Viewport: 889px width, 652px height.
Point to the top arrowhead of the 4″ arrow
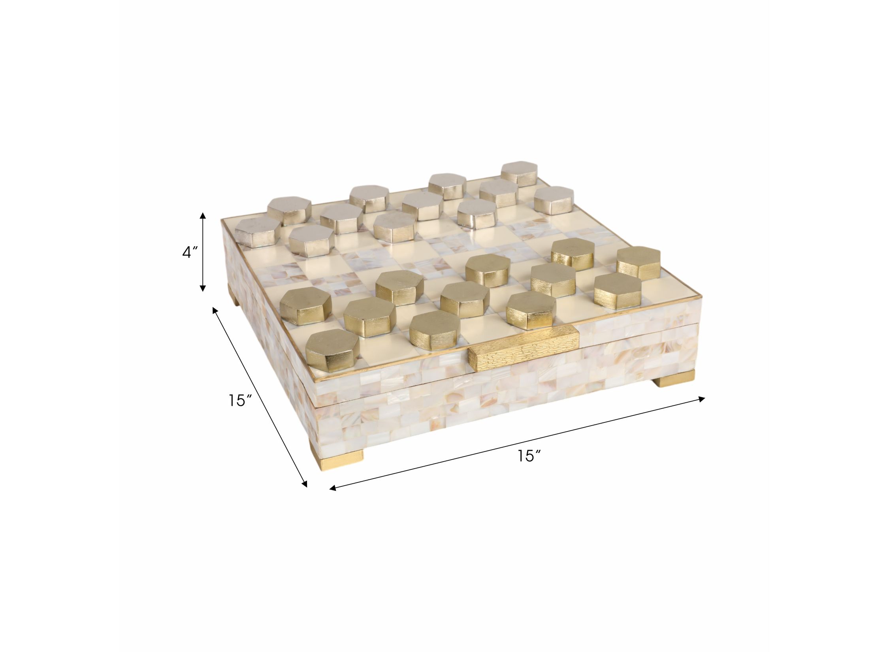(x=203, y=215)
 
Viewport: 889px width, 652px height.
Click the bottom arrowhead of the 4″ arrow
(x=203, y=288)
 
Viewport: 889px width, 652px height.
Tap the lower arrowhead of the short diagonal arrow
(x=304, y=483)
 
